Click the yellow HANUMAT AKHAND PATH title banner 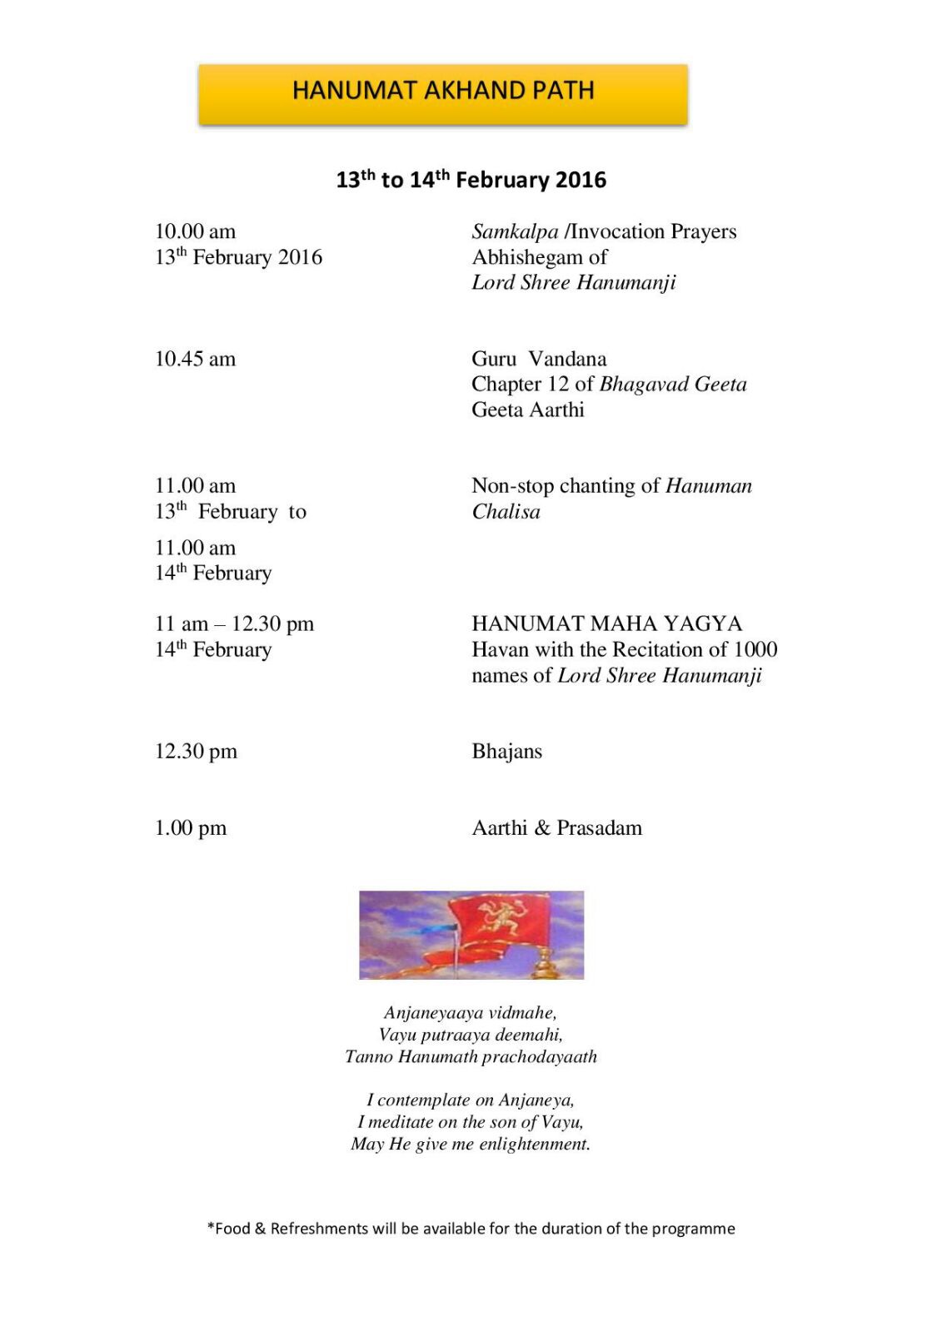pos(442,94)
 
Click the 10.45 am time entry pos(195,359)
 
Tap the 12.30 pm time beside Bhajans pos(196,752)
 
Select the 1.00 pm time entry pos(190,828)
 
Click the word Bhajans pos(506,752)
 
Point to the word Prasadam pos(599,828)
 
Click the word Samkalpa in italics pos(515,231)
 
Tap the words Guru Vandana pos(539,359)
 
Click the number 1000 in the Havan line pos(755,649)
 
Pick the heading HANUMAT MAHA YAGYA pos(606,623)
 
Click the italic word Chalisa pos(506,512)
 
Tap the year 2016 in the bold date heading pos(581,180)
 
